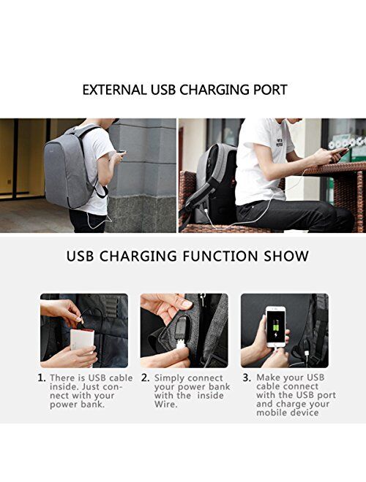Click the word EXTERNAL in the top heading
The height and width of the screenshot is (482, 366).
115,90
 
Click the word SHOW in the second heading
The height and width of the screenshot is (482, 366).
286,256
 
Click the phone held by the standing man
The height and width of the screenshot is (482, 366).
122,152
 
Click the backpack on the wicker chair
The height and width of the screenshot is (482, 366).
212,185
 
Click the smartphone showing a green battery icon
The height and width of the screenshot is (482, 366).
276,326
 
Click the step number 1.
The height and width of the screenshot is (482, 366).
42,378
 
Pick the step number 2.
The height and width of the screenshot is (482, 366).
145,378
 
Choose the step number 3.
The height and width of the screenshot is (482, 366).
247,378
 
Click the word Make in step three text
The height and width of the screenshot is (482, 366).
268,377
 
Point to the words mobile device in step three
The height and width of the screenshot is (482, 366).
288,412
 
